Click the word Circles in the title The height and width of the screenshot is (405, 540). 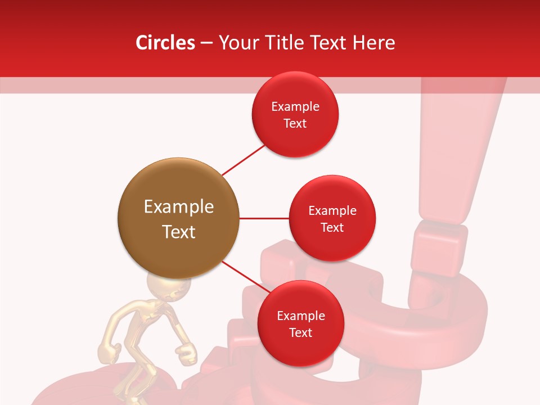click(x=165, y=43)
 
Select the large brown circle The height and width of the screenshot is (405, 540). click(x=178, y=218)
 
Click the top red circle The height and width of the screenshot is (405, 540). click(x=295, y=115)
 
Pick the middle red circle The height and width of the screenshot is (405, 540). click(x=332, y=218)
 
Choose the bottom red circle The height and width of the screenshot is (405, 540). click(x=301, y=323)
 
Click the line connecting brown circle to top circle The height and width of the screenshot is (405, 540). click(x=243, y=159)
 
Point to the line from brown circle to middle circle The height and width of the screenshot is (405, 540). click(x=264, y=218)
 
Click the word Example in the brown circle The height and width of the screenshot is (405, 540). click(x=178, y=206)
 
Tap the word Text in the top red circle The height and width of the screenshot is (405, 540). click(x=295, y=123)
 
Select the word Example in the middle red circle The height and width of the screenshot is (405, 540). click(x=332, y=210)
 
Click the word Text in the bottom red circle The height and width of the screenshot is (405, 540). click(x=301, y=332)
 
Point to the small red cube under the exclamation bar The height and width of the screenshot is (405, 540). click(x=437, y=250)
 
